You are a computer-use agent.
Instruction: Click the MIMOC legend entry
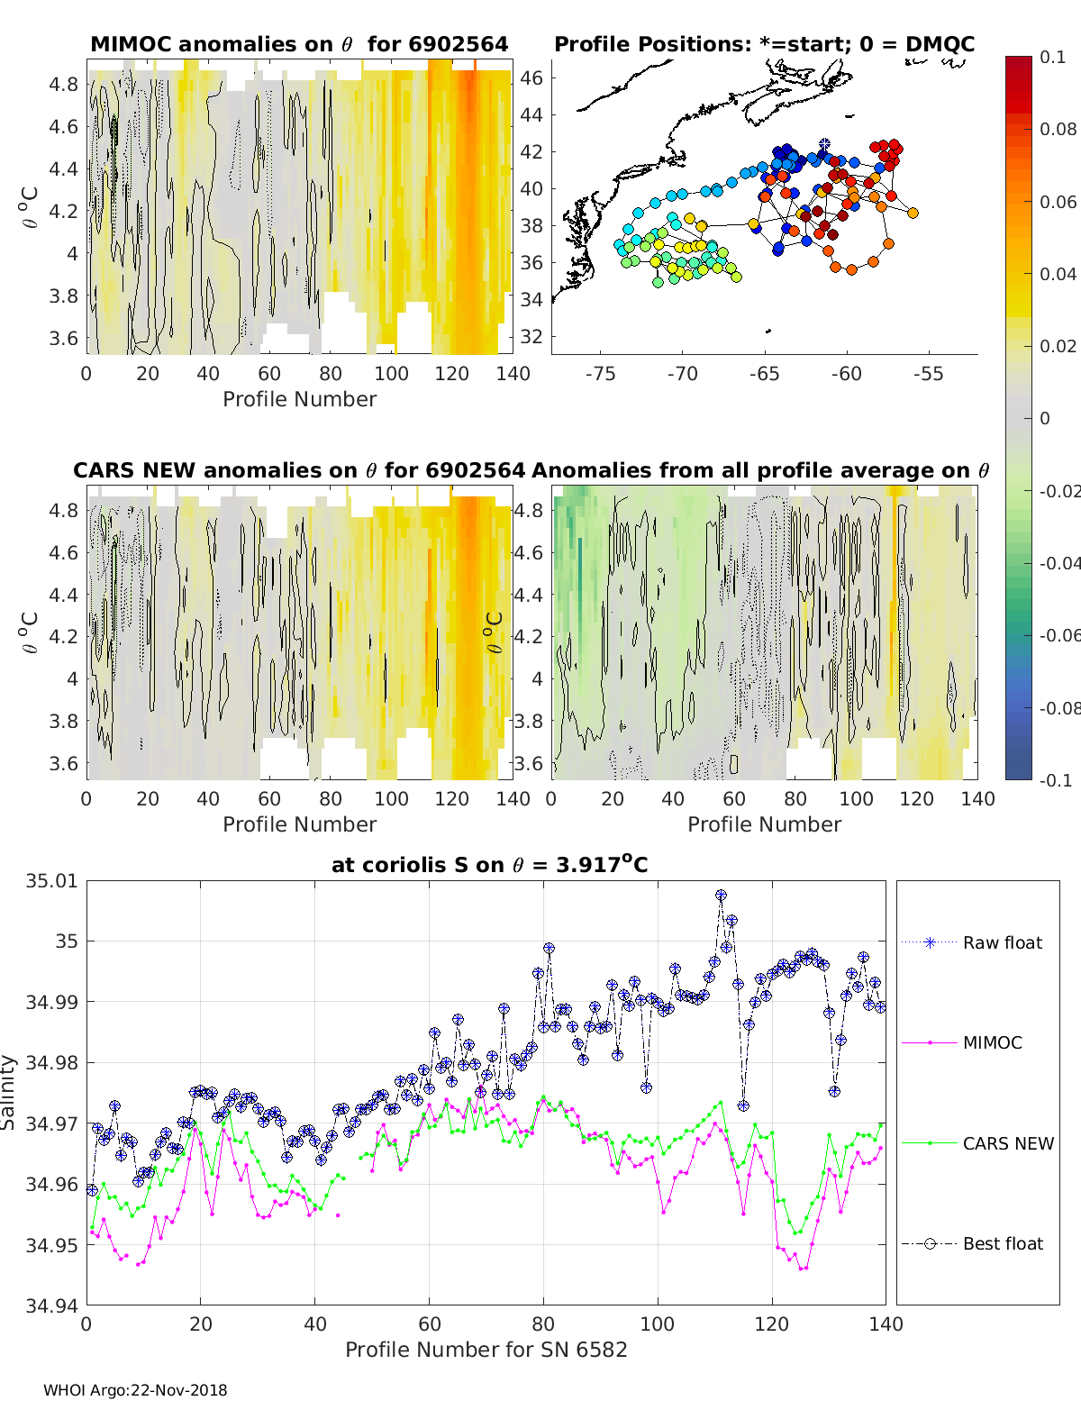992,1042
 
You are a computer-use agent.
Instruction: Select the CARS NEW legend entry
1007,1143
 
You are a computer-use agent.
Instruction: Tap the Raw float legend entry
1002,942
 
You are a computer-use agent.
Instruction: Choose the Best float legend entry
1002,1243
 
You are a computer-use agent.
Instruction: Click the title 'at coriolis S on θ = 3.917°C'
489,865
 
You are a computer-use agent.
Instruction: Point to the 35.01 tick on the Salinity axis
52,880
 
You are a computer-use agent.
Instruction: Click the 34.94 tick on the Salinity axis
52,1305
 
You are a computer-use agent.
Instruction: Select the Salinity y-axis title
9,1092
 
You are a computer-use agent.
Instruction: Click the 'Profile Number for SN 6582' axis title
486,1350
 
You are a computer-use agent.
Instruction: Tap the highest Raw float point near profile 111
721,895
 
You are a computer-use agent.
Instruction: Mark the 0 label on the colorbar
1045,418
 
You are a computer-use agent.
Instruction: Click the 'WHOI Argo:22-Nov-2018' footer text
135,1390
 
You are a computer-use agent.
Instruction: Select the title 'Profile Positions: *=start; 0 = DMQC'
764,44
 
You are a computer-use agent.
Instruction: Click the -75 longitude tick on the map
600,374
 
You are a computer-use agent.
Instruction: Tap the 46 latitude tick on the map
531,77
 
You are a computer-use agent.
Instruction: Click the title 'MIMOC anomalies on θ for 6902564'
299,44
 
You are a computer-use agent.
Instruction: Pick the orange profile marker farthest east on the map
913,213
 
